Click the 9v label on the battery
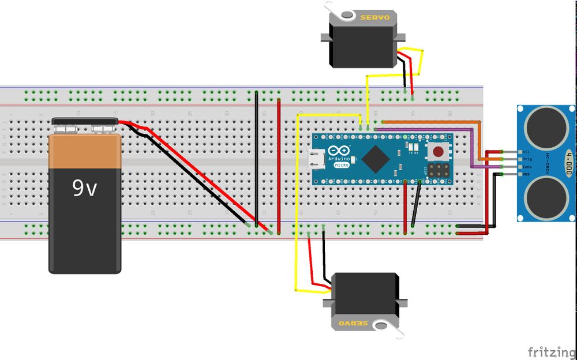pos(84,189)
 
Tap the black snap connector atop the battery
pos(85,122)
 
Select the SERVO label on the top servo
pos(374,17)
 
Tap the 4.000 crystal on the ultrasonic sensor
pos(568,159)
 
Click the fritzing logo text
pos(550,351)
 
